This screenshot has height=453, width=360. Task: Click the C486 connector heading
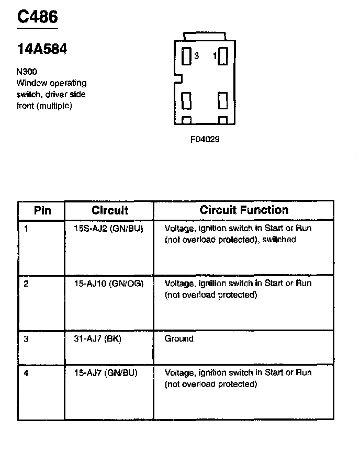37,17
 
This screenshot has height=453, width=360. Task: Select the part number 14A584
42,50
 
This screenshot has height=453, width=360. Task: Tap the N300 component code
27,72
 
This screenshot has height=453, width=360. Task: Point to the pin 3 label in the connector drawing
196,56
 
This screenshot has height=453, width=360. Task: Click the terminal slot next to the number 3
186,56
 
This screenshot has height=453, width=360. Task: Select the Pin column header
42,211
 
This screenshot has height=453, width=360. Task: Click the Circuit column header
110,211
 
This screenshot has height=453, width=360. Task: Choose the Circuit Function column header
244,210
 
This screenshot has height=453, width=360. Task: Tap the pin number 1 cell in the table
26,229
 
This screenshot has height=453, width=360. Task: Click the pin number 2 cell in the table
26,284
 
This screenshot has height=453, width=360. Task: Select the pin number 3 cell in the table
26,339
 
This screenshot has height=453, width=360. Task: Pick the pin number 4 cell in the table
26,373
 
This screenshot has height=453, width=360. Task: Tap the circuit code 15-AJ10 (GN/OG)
108,284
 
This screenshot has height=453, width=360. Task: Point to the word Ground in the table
179,339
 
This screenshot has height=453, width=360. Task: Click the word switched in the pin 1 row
279,240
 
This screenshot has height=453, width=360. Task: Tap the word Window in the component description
32,83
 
